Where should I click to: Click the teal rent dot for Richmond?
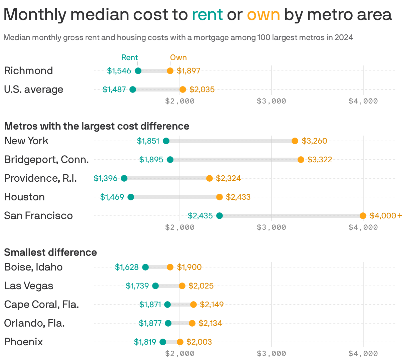(138, 71)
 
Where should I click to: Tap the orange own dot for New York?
(295, 141)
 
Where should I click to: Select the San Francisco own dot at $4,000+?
(363, 216)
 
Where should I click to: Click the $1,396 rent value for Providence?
(105, 178)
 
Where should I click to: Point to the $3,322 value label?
(320, 160)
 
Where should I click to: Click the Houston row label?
(24, 197)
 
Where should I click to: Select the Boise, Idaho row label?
(33, 267)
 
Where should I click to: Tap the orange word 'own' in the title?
(263, 15)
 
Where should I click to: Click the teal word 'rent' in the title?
(207, 15)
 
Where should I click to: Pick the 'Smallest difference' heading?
(50, 252)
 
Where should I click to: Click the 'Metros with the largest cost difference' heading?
(97, 126)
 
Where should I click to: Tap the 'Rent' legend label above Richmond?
(129, 57)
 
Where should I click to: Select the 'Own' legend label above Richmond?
(178, 57)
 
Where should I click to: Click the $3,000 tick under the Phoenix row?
(271, 353)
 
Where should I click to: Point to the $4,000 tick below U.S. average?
(363, 101)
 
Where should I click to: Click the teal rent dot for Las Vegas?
(155, 286)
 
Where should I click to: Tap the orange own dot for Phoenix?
(180, 342)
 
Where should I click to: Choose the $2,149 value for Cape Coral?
(212, 305)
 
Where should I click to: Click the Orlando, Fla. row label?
(34, 323)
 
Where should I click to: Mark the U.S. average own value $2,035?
(202, 89)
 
